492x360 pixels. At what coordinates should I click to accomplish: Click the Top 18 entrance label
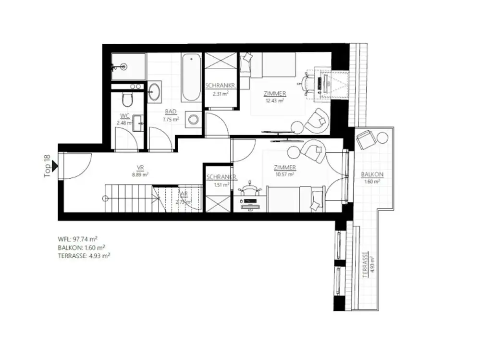pos(47,166)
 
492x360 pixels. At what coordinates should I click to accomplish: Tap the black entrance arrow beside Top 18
pos(55,166)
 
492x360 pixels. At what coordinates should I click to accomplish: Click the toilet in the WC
pos(127,100)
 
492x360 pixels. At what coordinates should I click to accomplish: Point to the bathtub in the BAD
pos(191,78)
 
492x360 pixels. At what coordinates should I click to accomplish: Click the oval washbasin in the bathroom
pos(155,91)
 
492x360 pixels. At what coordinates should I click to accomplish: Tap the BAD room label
pos(171,112)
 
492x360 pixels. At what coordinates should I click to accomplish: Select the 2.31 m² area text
pos(220,94)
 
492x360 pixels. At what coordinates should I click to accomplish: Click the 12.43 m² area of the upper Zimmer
pos(275,100)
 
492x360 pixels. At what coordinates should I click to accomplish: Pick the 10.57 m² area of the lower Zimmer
pos(284,174)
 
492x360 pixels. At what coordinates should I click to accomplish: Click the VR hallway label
pos(140,168)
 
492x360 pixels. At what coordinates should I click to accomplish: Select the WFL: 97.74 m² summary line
pos(77,238)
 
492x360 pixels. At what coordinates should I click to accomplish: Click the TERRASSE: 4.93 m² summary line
pos(84,256)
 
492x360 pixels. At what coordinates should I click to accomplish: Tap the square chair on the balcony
pos(366,139)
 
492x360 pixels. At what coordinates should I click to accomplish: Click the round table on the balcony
pos(382,138)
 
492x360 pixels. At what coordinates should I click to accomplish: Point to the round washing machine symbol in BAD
pos(194,119)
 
